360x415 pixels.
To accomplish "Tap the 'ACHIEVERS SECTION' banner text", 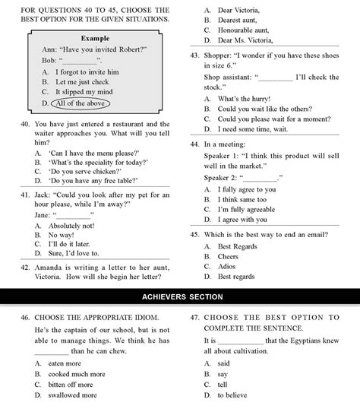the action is click(x=180, y=295).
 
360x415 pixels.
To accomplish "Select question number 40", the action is click(x=21, y=124).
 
